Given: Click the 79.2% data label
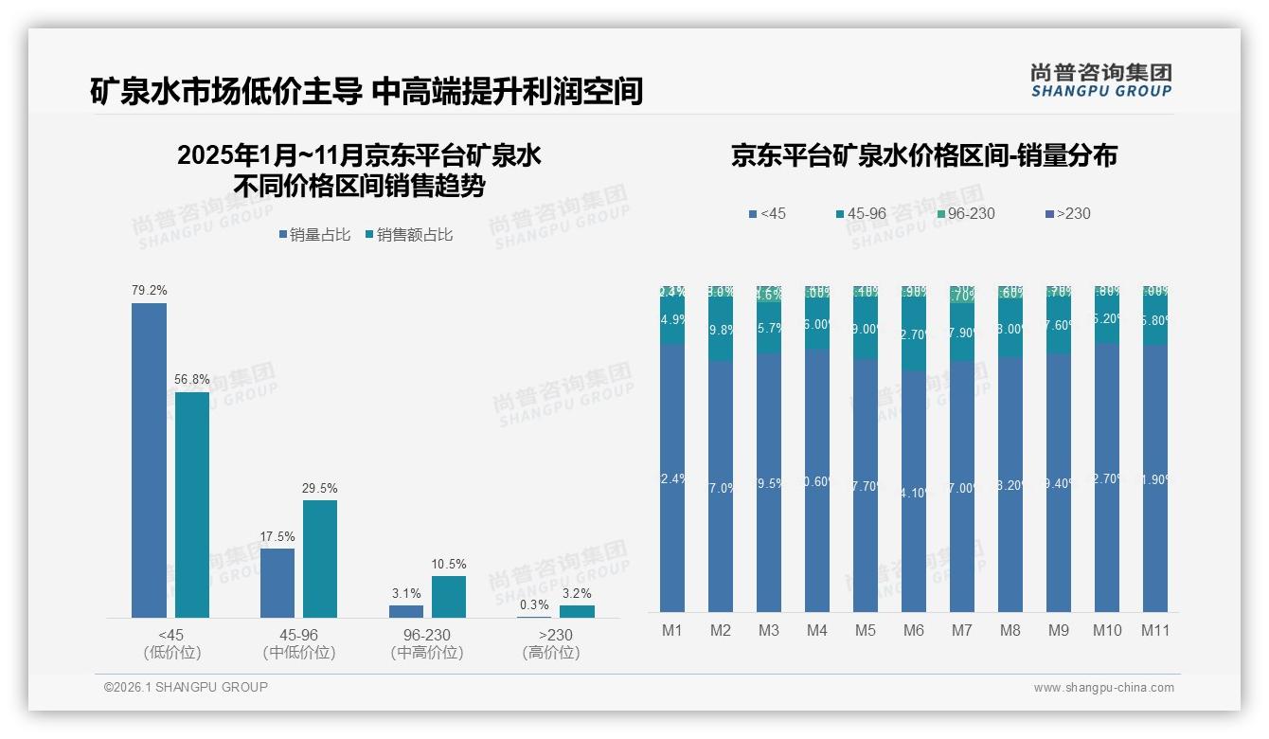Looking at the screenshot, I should coord(149,290).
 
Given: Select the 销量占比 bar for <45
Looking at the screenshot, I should coord(149,460).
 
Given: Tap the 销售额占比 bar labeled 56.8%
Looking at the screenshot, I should coord(192,504).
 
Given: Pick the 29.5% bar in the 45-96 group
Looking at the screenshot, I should coord(320,559).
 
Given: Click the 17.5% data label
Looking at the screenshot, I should coord(277,536).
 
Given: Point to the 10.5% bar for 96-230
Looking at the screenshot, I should coord(449,597).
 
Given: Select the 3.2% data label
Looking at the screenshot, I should coord(577,593).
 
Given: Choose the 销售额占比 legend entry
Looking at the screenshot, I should coord(408,235).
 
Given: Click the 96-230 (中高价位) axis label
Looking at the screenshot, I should coord(427,643).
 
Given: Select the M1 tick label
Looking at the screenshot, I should coord(671,630).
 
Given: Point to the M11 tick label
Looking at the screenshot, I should coord(1154,630).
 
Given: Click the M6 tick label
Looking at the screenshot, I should coord(913,630).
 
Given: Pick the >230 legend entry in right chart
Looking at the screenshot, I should coord(1066,213).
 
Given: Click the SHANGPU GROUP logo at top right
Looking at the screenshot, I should coord(1100,81).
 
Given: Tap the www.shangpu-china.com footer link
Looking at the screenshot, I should coord(1103,688).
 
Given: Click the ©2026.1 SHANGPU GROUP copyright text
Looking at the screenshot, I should coord(186,687).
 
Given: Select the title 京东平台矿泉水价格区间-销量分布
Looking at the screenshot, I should coord(923,155).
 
